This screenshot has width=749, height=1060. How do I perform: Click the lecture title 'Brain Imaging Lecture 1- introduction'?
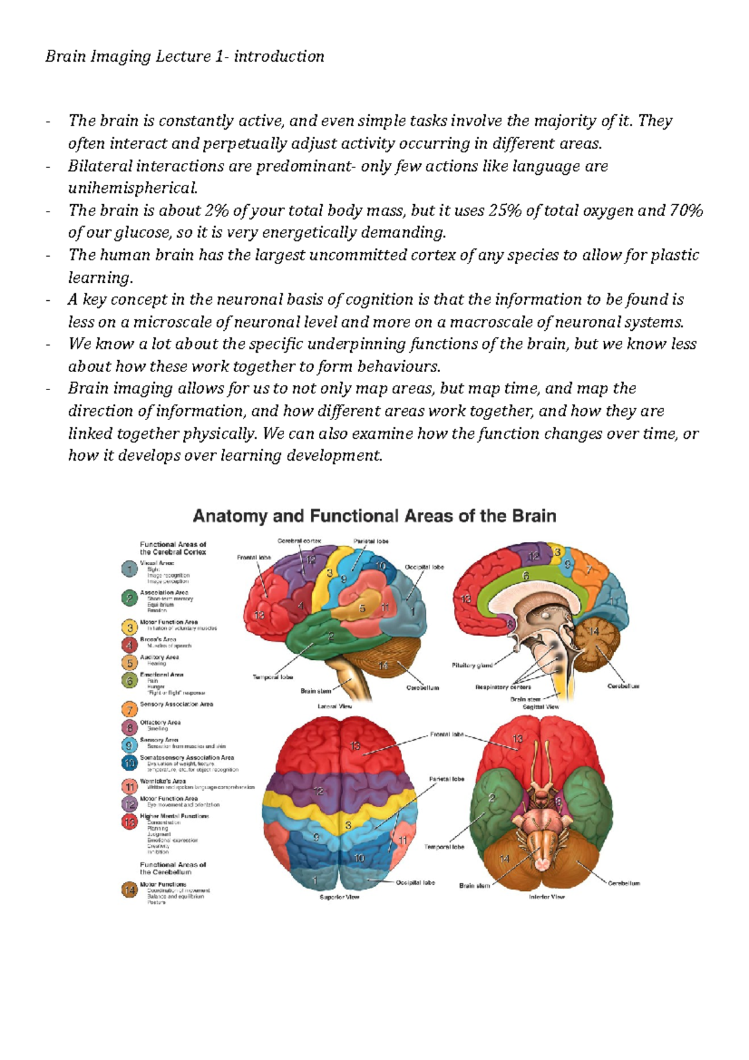point(185,57)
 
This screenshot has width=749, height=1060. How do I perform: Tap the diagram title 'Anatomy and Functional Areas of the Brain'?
point(374,516)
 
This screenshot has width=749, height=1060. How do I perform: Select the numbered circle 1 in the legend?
point(129,569)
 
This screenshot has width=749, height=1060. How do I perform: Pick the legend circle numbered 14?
point(129,890)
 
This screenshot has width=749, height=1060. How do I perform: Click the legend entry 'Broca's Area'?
point(158,639)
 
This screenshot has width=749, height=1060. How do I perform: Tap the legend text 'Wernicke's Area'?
point(163,781)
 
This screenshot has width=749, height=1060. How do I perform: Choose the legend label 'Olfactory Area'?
point(160,722)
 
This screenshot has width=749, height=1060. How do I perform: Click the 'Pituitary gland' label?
point(472,665)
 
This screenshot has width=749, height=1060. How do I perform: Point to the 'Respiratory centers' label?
point(503,687)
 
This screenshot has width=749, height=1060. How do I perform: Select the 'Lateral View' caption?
point(335,706)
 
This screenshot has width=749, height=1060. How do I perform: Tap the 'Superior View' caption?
point(339,897)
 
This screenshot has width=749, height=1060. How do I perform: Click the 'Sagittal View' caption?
point(541,707)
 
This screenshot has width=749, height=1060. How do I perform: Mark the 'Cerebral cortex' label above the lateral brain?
point(299,541)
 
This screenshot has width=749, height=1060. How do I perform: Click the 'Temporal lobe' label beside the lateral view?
point(273,677)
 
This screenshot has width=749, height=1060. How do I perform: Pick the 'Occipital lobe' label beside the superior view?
point(416,883)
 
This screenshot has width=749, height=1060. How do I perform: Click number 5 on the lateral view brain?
point(362,608)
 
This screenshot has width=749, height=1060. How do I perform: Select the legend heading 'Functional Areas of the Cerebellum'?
point(173,868)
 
